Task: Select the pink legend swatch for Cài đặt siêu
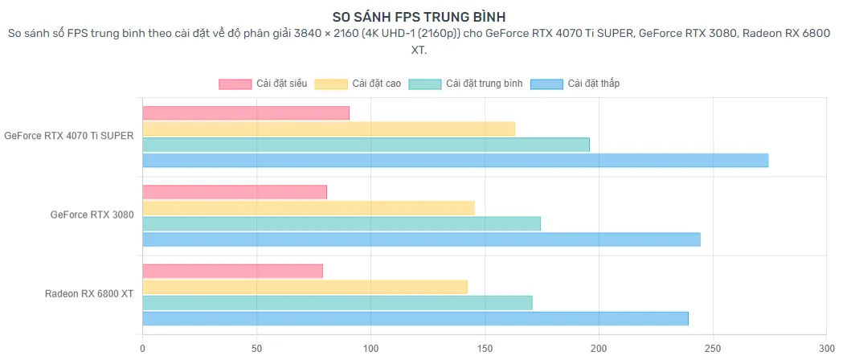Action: pyautogui.click(x=235, y=84)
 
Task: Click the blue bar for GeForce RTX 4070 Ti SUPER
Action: pyautogui.click(x=455, y=160)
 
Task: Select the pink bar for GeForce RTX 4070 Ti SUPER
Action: pyautogui.click(x=246, y=113)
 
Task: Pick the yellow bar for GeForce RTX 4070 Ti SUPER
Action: pyautogui.click(x=329, y=129)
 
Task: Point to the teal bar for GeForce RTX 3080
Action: pyautogui.click(x=342, y=223)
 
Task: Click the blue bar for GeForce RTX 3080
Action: pyautogui.click(x=421, y=239)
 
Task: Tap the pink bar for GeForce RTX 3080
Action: pyautogui.click(x=235, y=192)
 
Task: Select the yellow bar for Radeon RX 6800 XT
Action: pyautogui.click(x=305, y=287)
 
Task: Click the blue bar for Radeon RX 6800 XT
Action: pyautogui.click(x=415, y=318)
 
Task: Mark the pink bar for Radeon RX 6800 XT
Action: pyautogui.click(x=232, y=271)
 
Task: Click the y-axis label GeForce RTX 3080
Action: pyautogui.click(x=92, y=215)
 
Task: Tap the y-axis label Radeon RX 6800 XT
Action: pyautogui.click(x=89, y=294)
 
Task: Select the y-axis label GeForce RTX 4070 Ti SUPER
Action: pyautogui.click(x=68, y=137)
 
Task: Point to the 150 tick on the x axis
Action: pyautogui.click(x=485, y=349)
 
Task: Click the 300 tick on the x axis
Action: pyautogui.click(x=826, y=349)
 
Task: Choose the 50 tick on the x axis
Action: pyautogui.click(x=256, y=349)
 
